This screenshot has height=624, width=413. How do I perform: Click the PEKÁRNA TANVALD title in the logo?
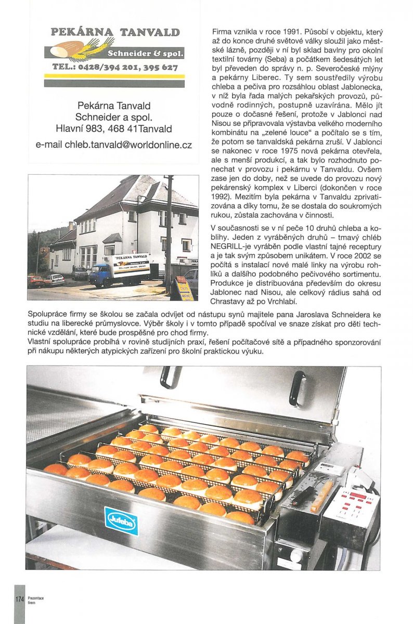[115, 32]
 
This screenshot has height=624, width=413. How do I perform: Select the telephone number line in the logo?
[115, 68]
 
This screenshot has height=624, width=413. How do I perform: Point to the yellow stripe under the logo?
[114, 76]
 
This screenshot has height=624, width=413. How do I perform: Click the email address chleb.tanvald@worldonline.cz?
[113, 145]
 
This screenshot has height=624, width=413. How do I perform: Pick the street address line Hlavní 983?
[113, 128]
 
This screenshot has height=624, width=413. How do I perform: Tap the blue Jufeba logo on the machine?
[121, 520]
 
